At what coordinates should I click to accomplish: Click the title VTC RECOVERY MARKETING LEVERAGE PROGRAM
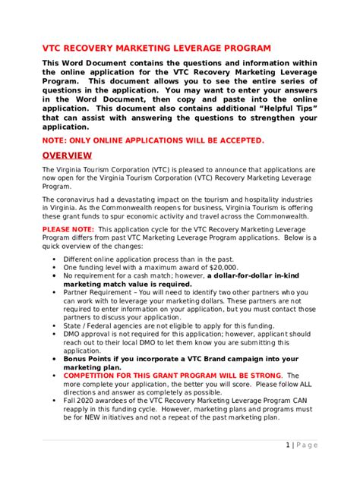click(x=156, y=47)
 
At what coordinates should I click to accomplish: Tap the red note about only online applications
click(x=153, y=140)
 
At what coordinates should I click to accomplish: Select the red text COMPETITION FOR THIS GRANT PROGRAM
click(x=152, y=375)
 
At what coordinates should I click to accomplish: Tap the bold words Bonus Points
click(x=88, y=358)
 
